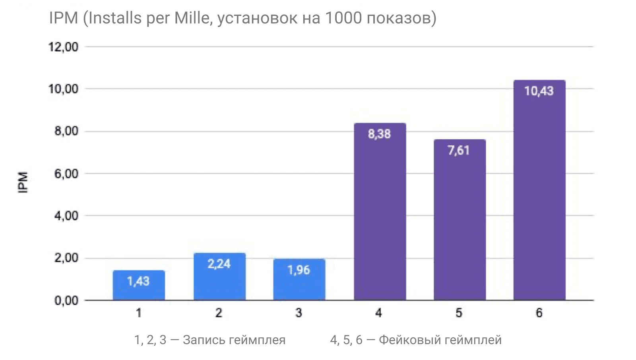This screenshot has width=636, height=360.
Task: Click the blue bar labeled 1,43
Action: [139, 285]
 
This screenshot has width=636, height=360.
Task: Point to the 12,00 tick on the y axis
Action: [63, 47]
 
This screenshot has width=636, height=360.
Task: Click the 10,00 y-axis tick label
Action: [63, 89]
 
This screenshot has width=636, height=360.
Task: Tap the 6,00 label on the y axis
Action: [66, 174]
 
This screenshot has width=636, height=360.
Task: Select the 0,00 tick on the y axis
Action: [66, 300]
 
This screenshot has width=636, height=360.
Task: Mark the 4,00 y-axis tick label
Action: [66, 216]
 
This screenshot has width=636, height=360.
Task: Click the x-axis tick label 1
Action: [139, 313]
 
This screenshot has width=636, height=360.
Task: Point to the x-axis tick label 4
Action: [378, 313]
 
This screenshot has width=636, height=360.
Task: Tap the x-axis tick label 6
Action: [539, 313]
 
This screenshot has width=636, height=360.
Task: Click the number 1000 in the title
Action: [343, 18]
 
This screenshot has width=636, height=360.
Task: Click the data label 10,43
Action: [539, 91]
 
